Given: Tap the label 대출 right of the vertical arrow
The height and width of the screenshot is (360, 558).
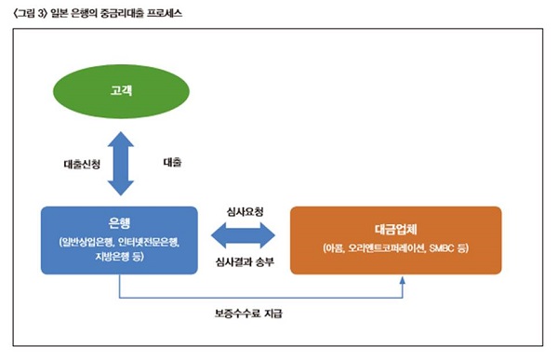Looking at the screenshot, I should tap(172, 162).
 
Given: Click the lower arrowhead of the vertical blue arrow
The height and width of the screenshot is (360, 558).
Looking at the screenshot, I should tap(119, 191).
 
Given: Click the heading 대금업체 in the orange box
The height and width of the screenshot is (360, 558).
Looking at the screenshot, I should tap(396, 224).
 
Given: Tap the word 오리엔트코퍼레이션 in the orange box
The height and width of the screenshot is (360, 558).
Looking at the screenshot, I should tap(381, 247).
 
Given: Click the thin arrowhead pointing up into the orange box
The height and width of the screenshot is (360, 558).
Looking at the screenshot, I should tap(403, 279).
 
